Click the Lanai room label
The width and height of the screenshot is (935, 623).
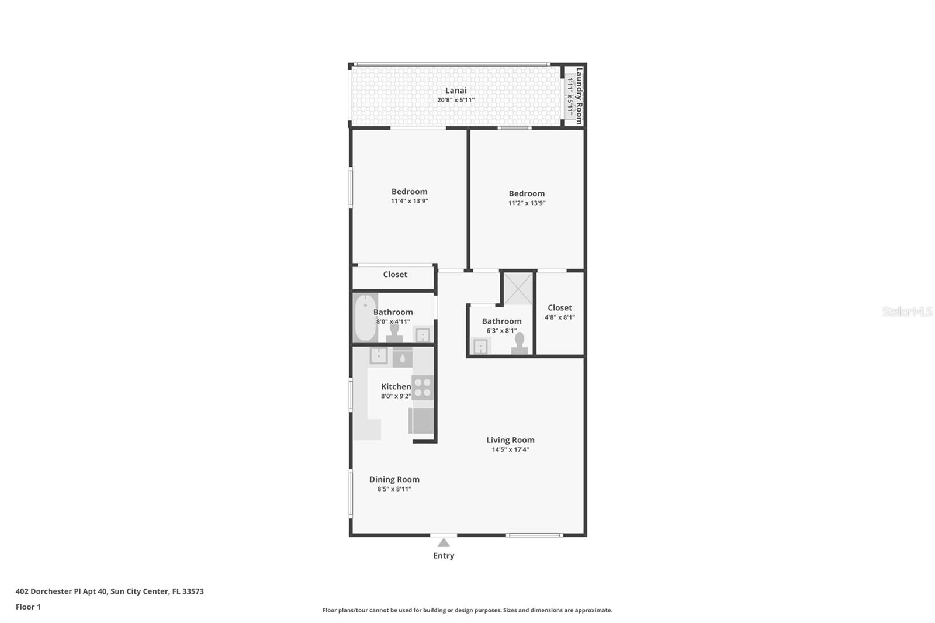(x=456, y=91)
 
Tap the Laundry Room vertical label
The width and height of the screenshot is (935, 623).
(x=579, y=96)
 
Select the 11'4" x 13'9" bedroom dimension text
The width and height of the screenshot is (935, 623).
(x=409, y=201)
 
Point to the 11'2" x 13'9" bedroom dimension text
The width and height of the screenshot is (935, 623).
(x=527, y=203)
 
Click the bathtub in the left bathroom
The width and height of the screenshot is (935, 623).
(x=365, y=319)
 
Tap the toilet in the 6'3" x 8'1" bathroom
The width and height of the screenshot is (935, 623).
(x=520, y=344)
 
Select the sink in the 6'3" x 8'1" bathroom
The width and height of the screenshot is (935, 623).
(x=480, y=347)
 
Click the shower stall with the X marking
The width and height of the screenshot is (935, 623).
(x=518, y=289)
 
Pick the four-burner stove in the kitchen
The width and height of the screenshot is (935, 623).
(x=423, y=387)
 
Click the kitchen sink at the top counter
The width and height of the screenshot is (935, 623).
(x=378, y=355)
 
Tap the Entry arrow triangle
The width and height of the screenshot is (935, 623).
(x=444, y=543)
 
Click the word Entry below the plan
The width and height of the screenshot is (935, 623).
(x=444, y=556)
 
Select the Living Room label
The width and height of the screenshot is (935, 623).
(x=510, y=440)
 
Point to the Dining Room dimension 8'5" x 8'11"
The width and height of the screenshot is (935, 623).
(x=394, y=489)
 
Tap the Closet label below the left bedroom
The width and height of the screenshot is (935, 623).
(x=395, y=275)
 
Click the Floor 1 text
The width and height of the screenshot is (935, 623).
(x=28, y=607)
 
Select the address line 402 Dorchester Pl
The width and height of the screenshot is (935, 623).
(x=109, y=591)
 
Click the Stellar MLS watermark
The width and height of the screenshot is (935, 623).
(x=907, y=311)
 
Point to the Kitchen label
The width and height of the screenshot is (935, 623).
(x=396, y=387)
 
